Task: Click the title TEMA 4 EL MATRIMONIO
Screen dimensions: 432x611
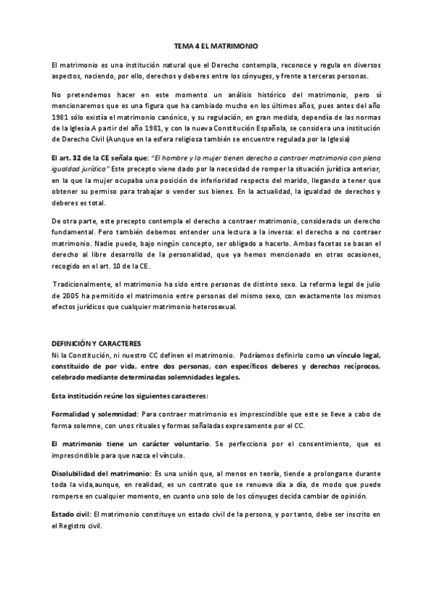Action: tap(216, 45)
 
